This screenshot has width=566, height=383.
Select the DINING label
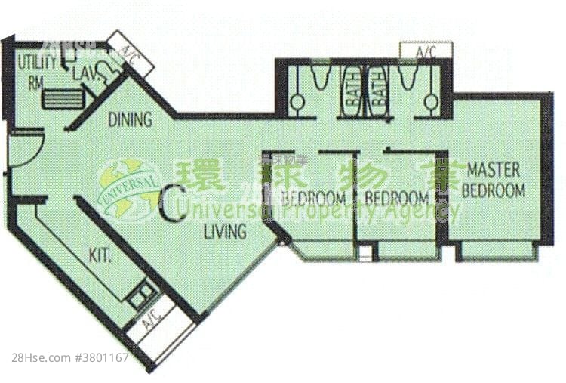click(x=130, y=119)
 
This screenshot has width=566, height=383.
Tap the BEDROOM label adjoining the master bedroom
click(x=396, y=199)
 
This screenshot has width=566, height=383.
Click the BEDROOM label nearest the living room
click(x=314, y=199)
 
